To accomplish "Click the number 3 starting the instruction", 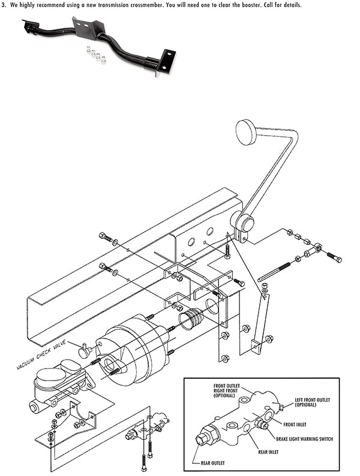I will coord(4,5).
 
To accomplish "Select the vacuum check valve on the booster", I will coord(86,348).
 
